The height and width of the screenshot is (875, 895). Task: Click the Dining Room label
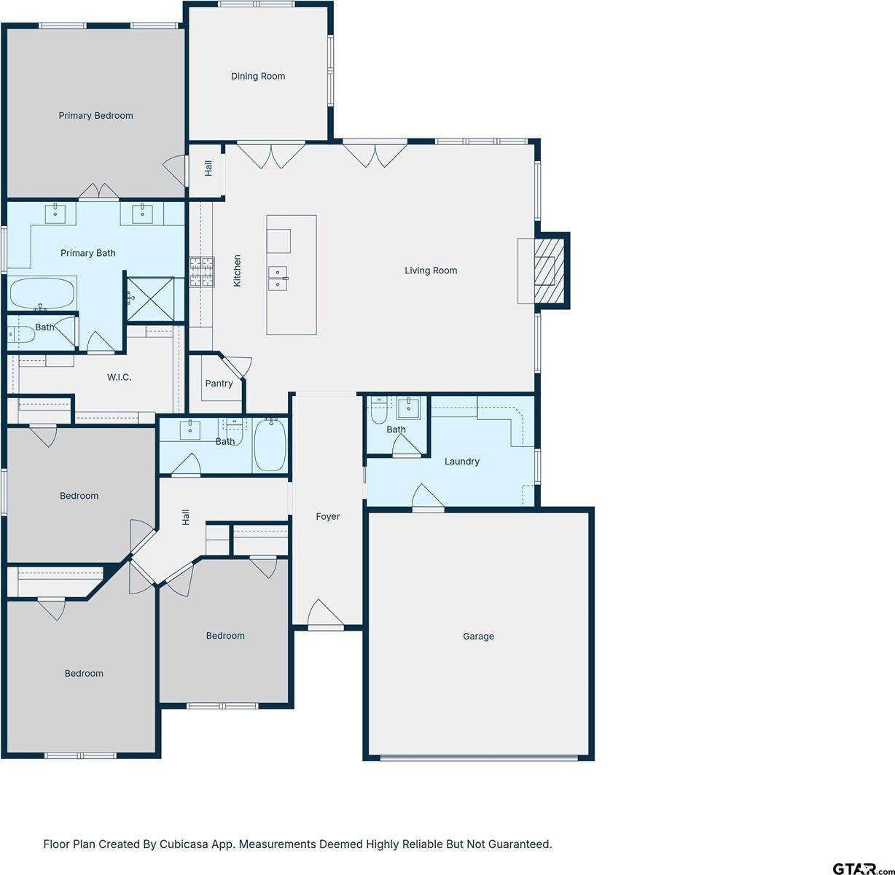[x=258, y=76]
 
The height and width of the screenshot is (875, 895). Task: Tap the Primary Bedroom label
[x=95, y=115]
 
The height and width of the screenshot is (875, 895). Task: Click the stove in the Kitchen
[x=202, y=271]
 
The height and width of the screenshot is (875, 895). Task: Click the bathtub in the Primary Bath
[x=42, y=293]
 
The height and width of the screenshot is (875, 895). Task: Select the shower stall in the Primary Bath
[x=151, y=297]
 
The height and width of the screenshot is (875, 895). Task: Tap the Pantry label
[x=219, y=384]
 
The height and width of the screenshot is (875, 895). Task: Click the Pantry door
[x=236, y=365]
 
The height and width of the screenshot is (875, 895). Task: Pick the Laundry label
[x=462, y=461]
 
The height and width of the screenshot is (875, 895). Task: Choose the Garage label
[x=478, y=636]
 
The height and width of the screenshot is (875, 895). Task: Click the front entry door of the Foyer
[x=324, y=617]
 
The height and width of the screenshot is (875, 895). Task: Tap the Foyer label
[x=327, y=516]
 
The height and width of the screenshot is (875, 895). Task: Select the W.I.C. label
[x=120, y=377]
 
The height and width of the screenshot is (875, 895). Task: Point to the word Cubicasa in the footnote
[x=192, y=844]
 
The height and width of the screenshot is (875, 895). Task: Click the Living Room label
[x=431, y=271]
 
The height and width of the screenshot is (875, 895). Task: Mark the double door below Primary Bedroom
[x=98, y=192]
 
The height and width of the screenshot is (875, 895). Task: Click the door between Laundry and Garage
[x=428, y=499]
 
